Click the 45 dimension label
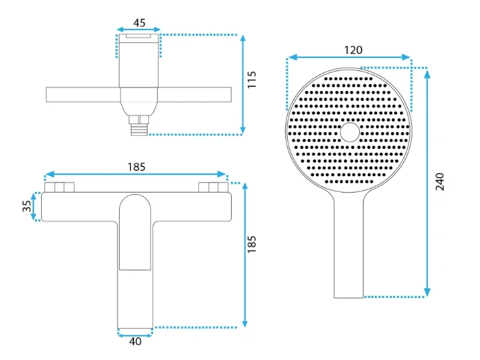pos(139,23)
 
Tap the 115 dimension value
pos(252,80)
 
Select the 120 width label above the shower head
pos(354,50)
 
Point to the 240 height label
pos(440,182)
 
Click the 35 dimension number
pos(27,206)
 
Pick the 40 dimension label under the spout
pos(135,342)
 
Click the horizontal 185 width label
pos(136,167)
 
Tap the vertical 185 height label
pos(252,244)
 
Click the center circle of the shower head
pos(350,133)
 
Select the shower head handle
pos(349,245)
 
